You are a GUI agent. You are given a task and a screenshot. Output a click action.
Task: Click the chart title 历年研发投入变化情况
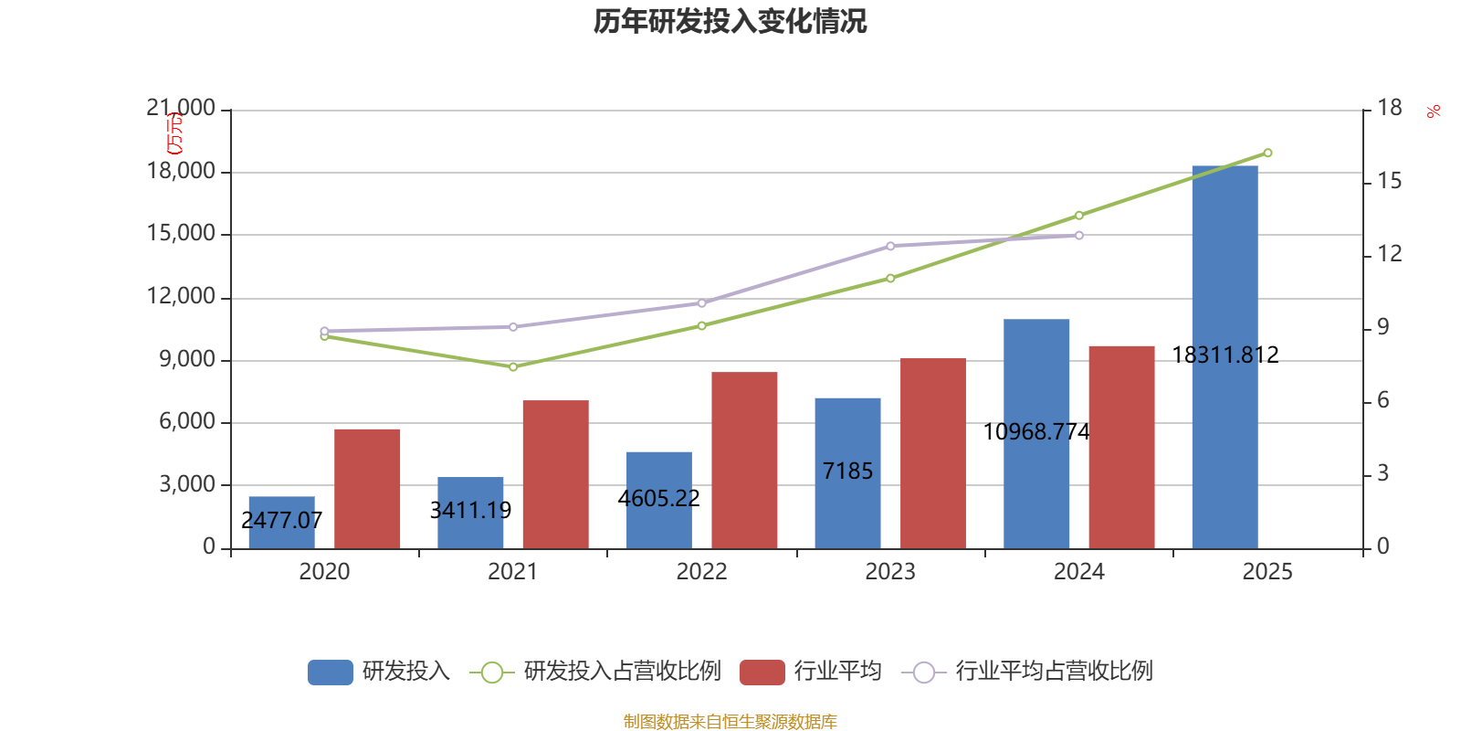coord(730,21)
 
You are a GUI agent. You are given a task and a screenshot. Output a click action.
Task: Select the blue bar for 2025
coord(1225,356)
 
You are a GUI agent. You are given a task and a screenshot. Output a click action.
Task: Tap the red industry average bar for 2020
coord(367,488)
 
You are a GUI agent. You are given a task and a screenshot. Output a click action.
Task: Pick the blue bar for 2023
coord(847,472)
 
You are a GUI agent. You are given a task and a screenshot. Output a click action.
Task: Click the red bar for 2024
coord(1121,447)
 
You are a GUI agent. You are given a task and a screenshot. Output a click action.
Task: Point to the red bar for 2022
coord(744,460)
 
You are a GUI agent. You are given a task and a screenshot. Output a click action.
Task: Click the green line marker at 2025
coord(1267,153)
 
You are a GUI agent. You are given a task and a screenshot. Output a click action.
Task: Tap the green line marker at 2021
coord(513,366)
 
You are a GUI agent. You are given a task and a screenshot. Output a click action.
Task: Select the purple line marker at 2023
coord(890,246)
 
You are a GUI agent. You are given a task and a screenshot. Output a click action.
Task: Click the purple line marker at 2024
coord(1078,235)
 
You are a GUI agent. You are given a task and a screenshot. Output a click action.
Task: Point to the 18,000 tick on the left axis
coord(182,171)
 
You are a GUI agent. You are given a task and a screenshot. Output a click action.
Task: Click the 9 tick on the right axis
coord(1382,327)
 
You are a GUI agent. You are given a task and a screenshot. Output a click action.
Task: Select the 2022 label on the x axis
coord(701,571)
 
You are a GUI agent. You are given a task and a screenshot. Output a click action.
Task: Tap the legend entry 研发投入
coord(379,672)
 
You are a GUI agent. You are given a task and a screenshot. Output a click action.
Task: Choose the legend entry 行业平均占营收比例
coord(1027,672)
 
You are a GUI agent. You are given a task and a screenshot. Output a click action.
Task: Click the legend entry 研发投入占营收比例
coord(595,672)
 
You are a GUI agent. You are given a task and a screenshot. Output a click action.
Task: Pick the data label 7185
coord(847,471)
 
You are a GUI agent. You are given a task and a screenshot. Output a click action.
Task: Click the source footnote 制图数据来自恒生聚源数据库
coord(730,722)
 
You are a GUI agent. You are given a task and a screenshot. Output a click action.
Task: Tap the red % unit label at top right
coord(1433,111)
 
